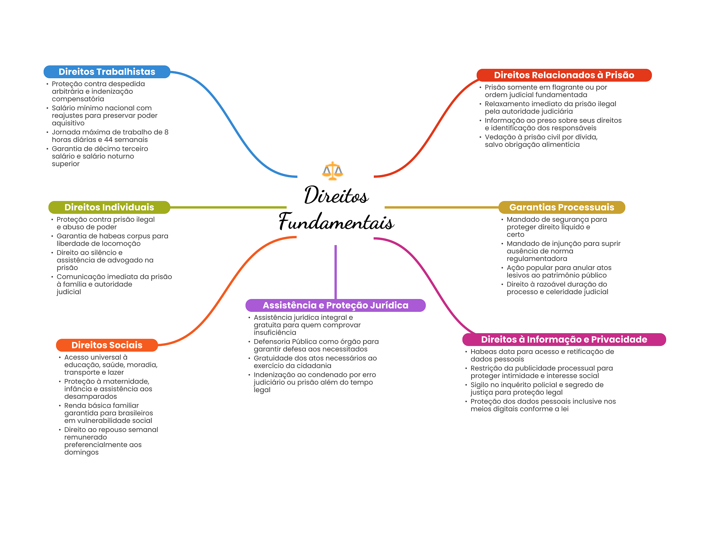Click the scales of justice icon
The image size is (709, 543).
point(332,171)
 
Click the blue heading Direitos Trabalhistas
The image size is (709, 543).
point(107,72)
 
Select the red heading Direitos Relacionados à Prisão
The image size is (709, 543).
point(564,75)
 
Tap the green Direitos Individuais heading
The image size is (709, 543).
point(109,207)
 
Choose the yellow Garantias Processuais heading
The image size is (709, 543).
point(562,207)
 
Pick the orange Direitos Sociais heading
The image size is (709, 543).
point(107,345)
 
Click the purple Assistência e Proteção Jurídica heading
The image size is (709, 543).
point(335,305)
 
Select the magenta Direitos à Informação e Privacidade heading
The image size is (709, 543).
point(564,340)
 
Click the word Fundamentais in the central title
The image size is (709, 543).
point(336,222)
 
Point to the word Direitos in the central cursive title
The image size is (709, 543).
point(336,195)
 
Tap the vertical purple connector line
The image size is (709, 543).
point(335,272)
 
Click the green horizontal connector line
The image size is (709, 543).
point(228,207)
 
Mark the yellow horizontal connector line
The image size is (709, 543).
point(441,207)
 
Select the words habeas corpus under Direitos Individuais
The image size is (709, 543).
point(126,236)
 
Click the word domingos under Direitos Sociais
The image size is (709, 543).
point(81,453)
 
